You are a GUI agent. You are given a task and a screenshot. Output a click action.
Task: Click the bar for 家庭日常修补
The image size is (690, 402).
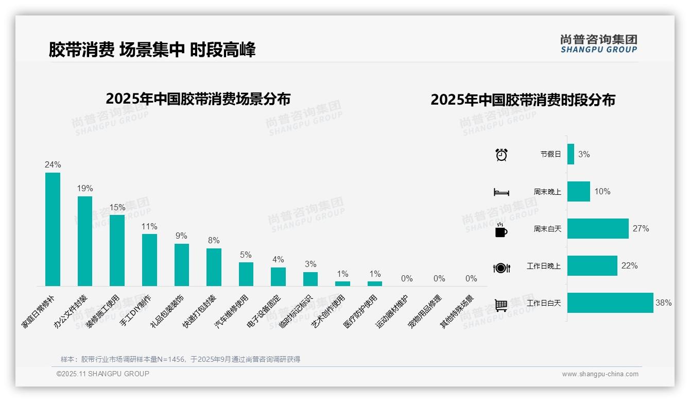click(53, 229)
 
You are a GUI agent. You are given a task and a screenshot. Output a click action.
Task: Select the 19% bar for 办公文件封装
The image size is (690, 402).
click(85, 241)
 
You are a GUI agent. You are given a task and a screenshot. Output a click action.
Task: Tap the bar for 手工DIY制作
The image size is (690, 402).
click(149, 260)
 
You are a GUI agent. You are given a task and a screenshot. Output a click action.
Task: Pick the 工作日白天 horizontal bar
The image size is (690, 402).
click(610, 303)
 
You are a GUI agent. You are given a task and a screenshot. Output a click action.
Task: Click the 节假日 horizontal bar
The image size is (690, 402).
click(571, 154)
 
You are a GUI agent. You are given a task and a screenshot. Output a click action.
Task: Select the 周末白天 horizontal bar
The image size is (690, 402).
click(598, 228)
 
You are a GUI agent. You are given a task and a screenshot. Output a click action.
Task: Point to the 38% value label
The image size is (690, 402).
click(663, 303)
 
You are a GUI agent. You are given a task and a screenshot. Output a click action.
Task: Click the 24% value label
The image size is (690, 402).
click(53, 165)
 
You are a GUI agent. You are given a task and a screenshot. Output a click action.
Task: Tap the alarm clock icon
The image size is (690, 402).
click(501, 154)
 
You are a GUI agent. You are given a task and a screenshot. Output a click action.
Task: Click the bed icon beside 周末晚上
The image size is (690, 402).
click(501, 192)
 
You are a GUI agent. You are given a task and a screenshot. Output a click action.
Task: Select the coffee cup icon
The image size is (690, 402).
click(501, 229)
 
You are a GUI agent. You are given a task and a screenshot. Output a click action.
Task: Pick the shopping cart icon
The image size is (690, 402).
click(501, 305)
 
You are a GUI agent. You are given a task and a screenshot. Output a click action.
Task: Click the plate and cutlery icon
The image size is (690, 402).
click(501, 267)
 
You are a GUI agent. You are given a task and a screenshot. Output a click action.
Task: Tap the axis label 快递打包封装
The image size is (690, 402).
click(200, 312)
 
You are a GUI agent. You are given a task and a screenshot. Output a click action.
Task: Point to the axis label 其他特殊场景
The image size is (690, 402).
click(457, 312)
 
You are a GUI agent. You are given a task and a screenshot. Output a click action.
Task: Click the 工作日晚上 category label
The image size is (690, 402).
click(543, 266)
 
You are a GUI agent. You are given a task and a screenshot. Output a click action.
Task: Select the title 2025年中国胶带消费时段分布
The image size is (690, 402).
click(523, 99)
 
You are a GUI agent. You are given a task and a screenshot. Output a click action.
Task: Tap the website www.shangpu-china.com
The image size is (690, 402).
click(600, 374)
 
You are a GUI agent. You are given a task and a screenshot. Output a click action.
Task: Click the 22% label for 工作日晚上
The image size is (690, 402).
click(629, 266)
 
